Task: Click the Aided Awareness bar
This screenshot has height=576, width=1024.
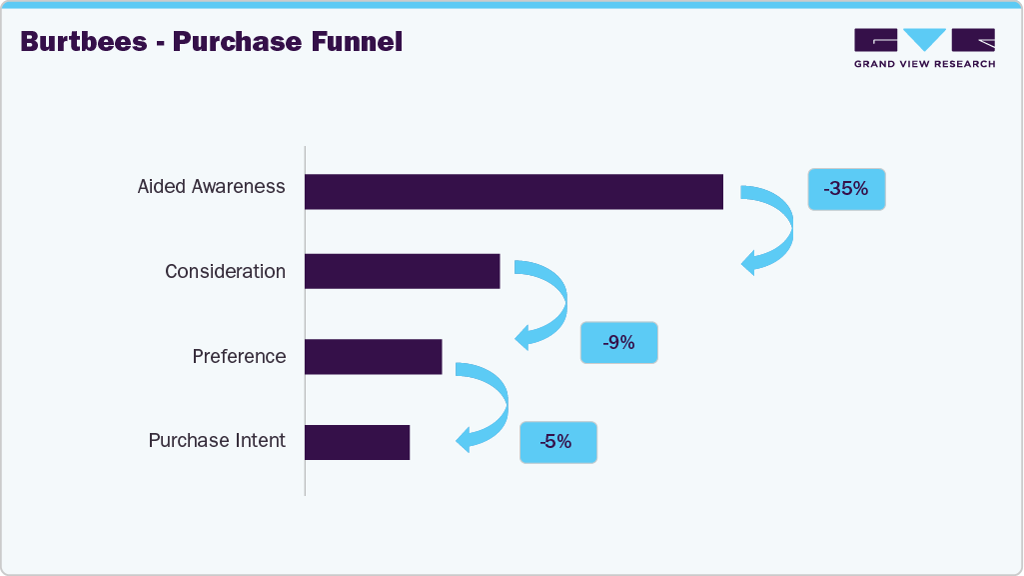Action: pyautogui.click(x=513, y=191)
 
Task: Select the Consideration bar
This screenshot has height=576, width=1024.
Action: pyautogui.click(x=402, y=271)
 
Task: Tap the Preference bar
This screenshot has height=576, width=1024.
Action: pyautogui.click(x=373, y=356)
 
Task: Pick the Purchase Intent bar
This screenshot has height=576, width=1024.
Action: pyautogui.click(x=357, y=442)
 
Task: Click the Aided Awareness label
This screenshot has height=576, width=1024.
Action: pyautogui.click(x=211, y=187)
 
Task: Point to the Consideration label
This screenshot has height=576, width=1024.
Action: pyautogui.click(x=225, y=272)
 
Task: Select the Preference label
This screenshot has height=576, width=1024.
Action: pyautogui.click(x=239, y=357)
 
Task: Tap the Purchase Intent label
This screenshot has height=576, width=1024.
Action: pyautogui.click(x=217, y=441)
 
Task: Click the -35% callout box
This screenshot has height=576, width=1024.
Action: pyautogui.click(x=846, y=188)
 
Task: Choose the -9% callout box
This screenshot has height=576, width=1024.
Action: pyautogui.click(x=618, y=342)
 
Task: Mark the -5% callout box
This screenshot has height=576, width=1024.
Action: pyautogui.click(x=557, y=441)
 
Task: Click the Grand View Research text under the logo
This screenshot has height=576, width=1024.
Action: pyautogui.click(x=924, y=64)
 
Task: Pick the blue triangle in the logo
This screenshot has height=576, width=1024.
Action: pyautogui.click(x=925, y=39)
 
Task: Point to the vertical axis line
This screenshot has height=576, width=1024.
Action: pyautogui.click(x=305, y=320)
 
